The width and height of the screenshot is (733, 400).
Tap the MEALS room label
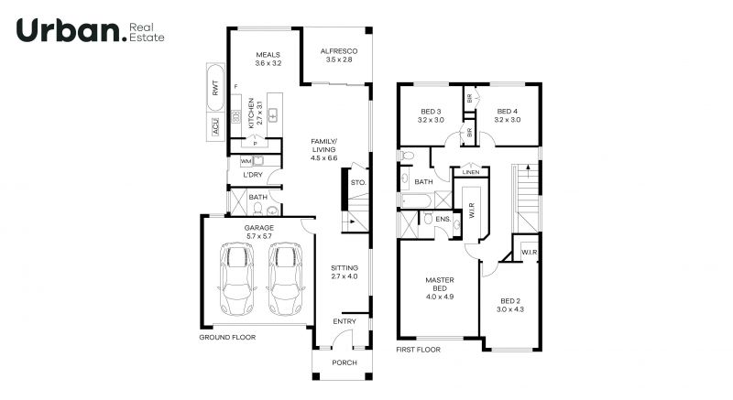[268, 55]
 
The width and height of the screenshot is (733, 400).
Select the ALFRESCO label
[339, 51]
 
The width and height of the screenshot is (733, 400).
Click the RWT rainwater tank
[215, 88]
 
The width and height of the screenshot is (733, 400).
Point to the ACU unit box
[215, 126]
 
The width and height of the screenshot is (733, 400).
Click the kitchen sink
[273, 114]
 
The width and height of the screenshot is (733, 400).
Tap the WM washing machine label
[246, 161]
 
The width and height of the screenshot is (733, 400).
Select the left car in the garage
[237, 278]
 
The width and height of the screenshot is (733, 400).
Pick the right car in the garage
[285, 278]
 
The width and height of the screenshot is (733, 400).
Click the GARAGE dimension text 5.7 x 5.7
[259, 236]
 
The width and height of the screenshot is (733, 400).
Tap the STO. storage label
[358, 182]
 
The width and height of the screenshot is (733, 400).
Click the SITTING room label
[345, 268]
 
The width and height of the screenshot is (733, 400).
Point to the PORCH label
[345, 362]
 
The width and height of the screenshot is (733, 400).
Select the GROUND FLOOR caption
[227, 337]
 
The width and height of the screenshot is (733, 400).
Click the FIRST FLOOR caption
[419, 349]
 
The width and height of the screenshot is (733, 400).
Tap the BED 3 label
[431, 112]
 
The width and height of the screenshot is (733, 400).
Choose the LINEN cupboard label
[471, 172]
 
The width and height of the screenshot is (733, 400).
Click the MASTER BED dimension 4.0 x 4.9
[440, 297]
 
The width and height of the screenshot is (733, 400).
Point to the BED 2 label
[510, 301]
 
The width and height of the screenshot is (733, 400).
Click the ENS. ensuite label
[443, 219]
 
